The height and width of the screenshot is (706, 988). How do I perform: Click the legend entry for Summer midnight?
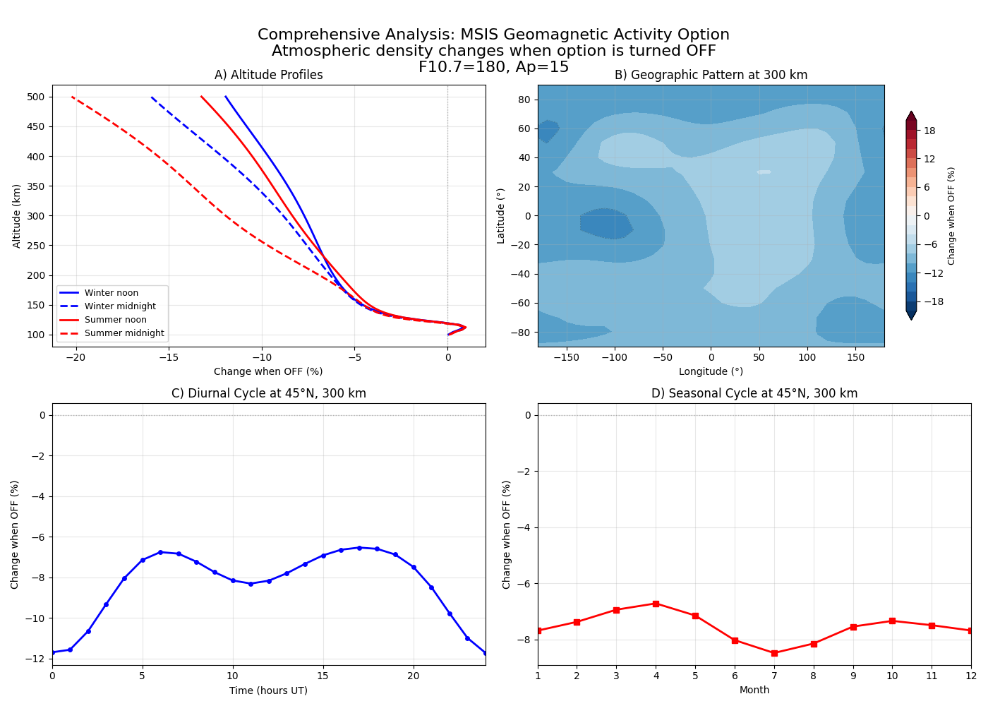[123, 333]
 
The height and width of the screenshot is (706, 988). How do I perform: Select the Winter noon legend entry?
[111, 293]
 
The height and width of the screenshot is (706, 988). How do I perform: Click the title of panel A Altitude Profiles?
[268, 75]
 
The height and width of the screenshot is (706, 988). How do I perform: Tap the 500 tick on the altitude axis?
[36, 97]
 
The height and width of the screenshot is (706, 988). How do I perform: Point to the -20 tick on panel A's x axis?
[75, 357]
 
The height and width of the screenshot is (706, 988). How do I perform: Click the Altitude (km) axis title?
[17, 216]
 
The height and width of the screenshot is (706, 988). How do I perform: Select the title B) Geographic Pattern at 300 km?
[711, 75]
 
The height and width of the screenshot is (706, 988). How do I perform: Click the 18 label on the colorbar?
[929, 131]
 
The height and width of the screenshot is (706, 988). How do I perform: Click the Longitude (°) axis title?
[711, 371]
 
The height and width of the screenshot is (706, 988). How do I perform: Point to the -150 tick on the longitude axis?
[566, 357]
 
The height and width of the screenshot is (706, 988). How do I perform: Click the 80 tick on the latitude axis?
[524, 100]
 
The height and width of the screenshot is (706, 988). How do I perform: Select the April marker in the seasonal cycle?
[656, 604]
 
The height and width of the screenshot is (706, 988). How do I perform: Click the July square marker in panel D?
[774, 653]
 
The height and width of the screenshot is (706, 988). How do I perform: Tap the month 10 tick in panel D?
[892, 676]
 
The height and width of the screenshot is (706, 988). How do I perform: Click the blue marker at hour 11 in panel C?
[251, 584]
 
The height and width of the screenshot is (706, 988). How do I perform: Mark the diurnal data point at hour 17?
[359, 548]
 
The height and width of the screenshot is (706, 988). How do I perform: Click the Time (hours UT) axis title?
[268, 690]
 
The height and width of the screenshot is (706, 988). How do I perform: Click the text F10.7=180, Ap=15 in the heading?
[493, 67]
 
